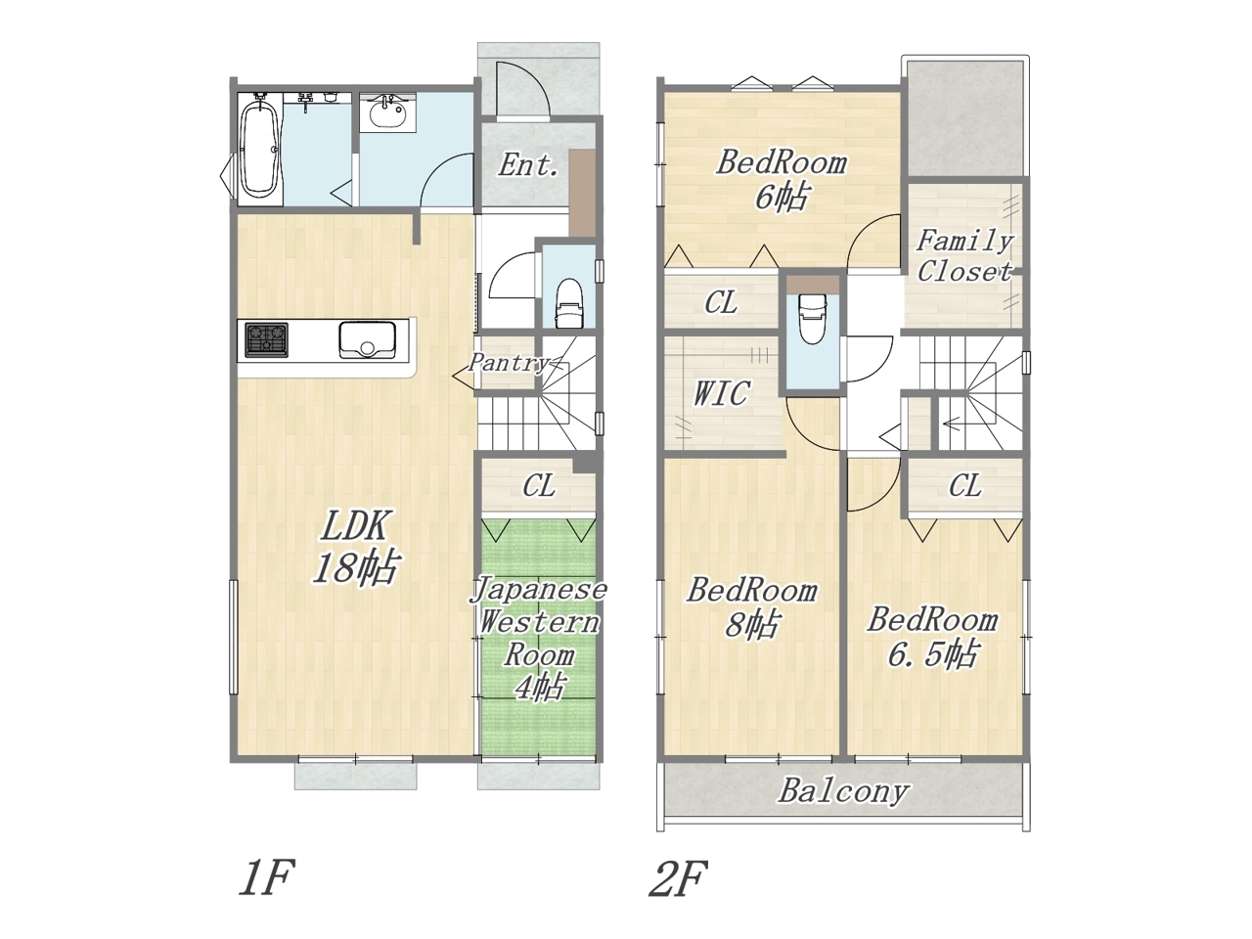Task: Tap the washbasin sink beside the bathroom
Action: point(388,112)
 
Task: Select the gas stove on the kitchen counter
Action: point(266,339)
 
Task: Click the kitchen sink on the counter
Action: point(368,339)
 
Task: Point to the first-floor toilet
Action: point(568,302)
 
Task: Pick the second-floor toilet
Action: point(814,318)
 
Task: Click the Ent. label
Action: point(527,165)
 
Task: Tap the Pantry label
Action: point(508,363)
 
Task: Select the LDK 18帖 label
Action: point(355,547)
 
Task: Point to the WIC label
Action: point(721,393)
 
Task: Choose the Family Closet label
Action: point(964,256)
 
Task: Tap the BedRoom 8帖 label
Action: point(752,606)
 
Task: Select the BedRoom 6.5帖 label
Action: point(932,637)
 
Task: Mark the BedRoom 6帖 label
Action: point(782,180)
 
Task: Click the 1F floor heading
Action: point(266,878)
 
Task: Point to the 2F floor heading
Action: point(678,878)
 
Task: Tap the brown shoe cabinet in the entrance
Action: point(582,194)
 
